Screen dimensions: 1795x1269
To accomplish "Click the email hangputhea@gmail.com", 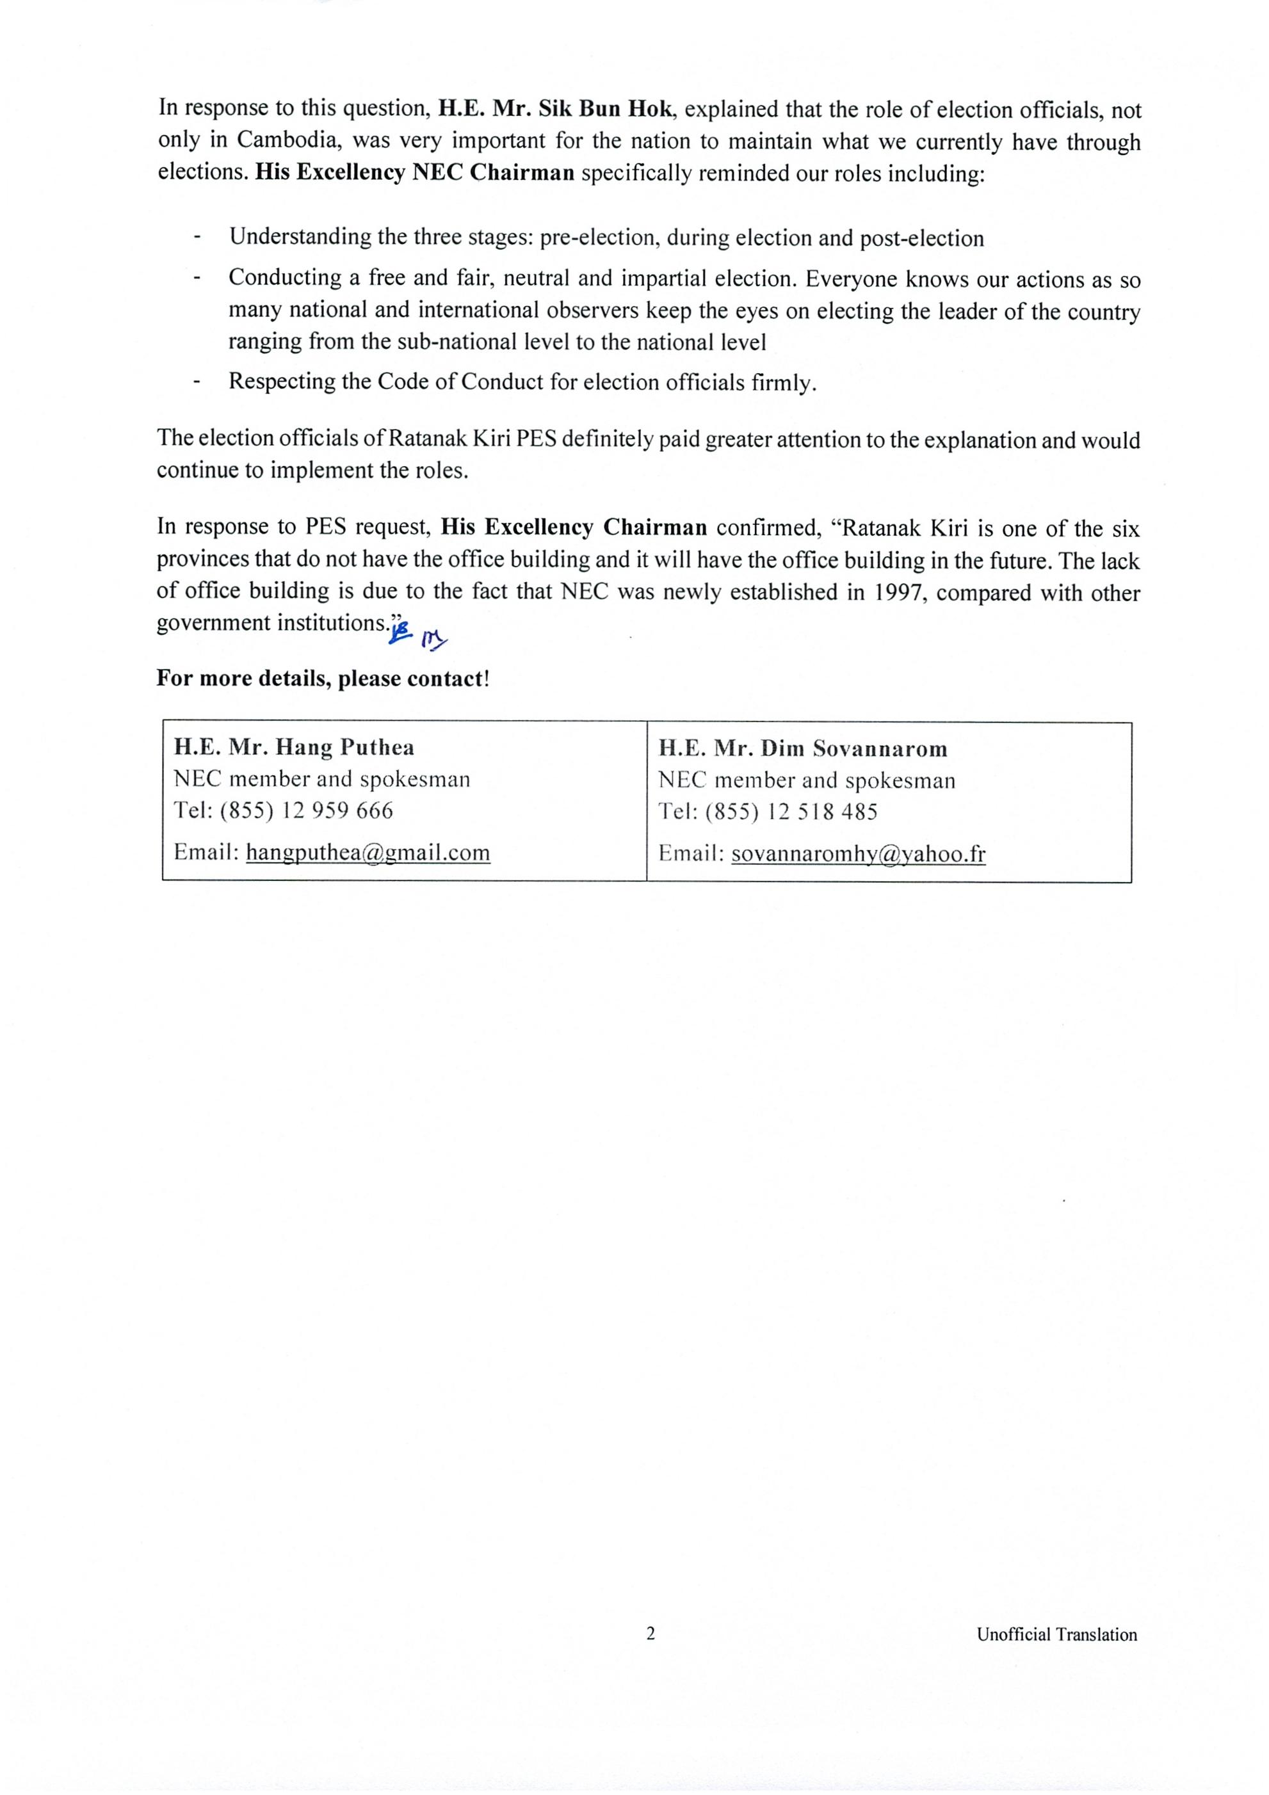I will [x=368, y=851].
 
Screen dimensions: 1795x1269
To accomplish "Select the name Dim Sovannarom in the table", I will [x=854, y=749].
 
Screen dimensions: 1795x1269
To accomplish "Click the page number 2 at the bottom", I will [x=651, y=1634].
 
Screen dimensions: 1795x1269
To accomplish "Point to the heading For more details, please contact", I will [x=322, y=678].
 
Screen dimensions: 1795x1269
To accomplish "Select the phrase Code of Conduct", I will [x=449, y=382].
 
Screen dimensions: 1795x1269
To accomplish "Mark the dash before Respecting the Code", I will [x=197, y=382].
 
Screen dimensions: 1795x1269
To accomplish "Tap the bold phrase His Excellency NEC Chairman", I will [x=415, y=173].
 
